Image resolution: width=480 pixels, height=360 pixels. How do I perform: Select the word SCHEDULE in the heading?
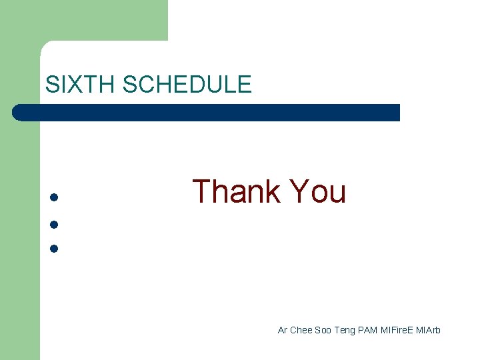tap(187, 85)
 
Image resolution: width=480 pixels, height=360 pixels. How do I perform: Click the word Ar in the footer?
tap(283, 330)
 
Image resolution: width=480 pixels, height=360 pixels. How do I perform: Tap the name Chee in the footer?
tap(301, 330)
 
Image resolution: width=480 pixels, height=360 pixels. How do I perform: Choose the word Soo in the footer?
tap(323, 330)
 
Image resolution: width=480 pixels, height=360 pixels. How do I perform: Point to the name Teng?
tap(345, 330)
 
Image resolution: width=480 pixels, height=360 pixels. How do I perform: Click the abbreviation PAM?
tap(367, 330)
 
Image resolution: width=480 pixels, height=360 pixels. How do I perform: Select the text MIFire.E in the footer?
tap(397, 330)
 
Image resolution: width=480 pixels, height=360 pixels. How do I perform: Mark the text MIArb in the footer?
tap(428, 330)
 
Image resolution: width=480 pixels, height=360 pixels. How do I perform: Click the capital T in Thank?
tap(202, 192)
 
